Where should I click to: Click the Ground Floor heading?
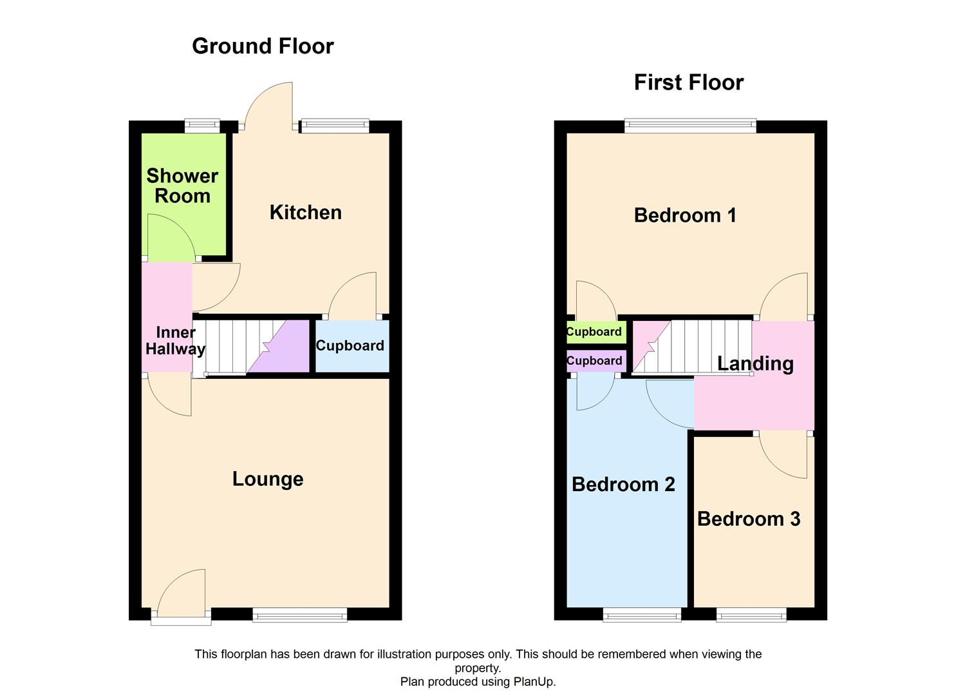[263, 46]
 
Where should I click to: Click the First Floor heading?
[688, 82]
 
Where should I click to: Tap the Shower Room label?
[182, 186]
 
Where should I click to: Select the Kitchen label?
[305, 213]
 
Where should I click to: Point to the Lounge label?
[268, 479]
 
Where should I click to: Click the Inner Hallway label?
[175, 341]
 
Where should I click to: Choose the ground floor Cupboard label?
[350, 346]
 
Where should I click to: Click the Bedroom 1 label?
[685, 215]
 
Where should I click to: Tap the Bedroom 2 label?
[623, 485]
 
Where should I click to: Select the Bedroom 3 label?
[748, 519]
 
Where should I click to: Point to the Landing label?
[755, 363]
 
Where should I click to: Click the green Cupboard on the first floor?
[594, 333]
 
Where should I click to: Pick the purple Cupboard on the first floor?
[594, 361]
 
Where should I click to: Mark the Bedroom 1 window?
[690, 126]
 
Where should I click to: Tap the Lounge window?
[299, 615]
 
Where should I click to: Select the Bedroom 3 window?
[751, 615]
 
